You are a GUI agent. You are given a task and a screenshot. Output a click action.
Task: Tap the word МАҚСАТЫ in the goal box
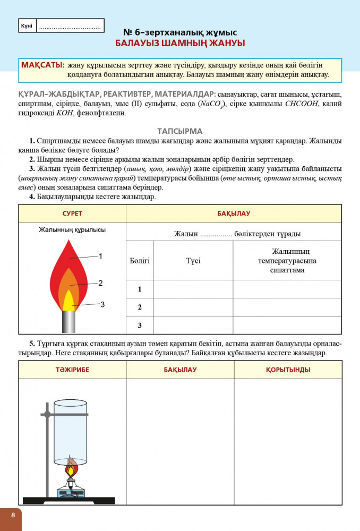42,65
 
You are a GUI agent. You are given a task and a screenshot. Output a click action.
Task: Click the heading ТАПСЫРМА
179,131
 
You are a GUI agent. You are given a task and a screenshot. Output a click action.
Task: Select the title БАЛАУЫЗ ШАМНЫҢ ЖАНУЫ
179,43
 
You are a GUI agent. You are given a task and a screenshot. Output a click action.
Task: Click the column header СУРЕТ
72,213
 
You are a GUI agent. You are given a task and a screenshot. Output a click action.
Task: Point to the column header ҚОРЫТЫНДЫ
288,370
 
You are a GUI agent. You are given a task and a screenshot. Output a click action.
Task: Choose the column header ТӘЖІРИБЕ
72,370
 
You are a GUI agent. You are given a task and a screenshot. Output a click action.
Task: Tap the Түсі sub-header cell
193,261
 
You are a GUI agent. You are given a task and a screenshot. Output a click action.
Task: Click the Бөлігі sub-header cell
140,261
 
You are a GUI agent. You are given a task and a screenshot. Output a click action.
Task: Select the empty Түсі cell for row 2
193,307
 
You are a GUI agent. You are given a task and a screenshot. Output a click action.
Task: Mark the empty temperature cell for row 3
287,325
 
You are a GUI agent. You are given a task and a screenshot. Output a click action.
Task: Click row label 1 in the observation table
140,289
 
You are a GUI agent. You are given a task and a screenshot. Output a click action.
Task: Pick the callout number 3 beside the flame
102,304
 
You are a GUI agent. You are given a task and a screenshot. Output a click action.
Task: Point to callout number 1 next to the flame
100,256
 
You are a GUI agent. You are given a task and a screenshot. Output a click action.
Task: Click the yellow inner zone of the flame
68,302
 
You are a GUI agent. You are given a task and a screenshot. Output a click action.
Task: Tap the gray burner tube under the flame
68,322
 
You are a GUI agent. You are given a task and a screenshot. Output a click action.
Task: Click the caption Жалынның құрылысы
72,230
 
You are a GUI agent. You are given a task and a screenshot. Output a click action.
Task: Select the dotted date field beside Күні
70,26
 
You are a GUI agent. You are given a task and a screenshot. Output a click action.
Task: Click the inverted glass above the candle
71,425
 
